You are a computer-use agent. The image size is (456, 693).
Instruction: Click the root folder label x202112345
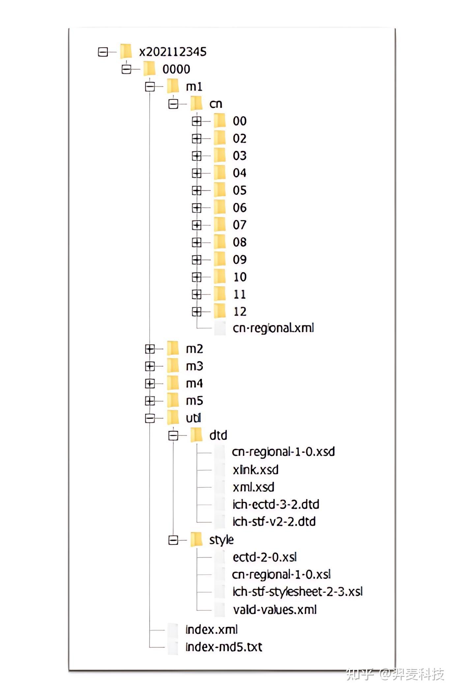(x=173, y=52)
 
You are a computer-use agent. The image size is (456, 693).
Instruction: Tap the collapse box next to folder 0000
(x=126, y=69)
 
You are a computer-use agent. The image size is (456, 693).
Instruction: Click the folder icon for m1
(x=173, y=86)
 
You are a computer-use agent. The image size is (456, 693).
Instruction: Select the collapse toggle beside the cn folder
(x=173, y=104)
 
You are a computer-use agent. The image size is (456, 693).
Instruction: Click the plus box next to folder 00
(x=197, y=121)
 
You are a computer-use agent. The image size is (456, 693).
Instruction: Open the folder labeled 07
(x=239, y=225)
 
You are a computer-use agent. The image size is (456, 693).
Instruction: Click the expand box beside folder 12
(x=197, y=311)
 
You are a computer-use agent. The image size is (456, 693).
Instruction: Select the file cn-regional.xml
(x=273, y=328)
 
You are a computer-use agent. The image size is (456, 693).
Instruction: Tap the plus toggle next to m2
(x=150, y=349)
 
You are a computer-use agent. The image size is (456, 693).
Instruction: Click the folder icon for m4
(x=173, y=383)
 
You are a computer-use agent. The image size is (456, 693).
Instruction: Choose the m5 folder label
(x=194, y=401)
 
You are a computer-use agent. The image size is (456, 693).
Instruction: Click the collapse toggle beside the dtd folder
(x=173, y=435)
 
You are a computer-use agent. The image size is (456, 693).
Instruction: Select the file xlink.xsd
(x=255, y=470)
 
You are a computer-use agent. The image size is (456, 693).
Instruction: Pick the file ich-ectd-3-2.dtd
(x=276, y=504)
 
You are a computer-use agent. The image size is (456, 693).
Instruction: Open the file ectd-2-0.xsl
(x=265, y=557)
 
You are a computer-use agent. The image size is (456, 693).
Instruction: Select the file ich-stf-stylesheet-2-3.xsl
(x=298, y=592)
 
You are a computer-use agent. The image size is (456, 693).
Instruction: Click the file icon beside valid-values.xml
(x=220, y=610)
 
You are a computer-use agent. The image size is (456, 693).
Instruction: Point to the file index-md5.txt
(x=224, y=647)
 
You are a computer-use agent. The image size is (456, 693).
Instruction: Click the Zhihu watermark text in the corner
(x=395, y=674)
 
